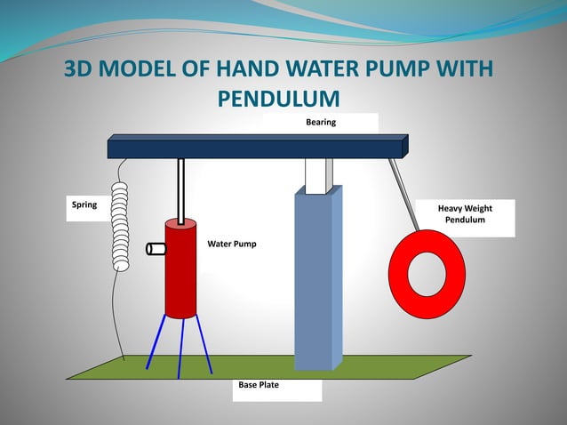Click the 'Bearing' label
pyautogui.click(x=321, y=121)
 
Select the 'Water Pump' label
pyautogui.click(x=232, y=242)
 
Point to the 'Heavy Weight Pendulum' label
pyautogui.click(x=465, y=213)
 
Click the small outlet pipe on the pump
pyautogui.click(x=156, y=249)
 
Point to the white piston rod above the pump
pyautogui.click(x=181, y=190)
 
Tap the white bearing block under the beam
pyautogui.click(x=317, y=175)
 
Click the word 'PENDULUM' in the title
pyautogui.click(x=280, y=98)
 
